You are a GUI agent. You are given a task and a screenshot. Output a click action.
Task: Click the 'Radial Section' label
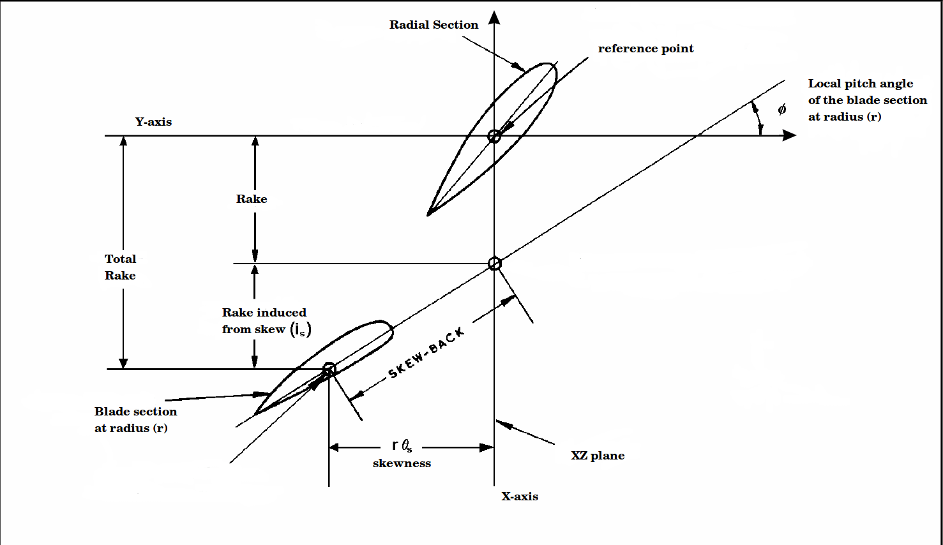point(434,25)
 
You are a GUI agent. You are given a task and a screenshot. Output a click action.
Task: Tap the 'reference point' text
point(645,49)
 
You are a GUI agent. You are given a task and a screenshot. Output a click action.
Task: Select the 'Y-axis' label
point(153,122)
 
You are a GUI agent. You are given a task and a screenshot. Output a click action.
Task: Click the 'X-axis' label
point(520,496)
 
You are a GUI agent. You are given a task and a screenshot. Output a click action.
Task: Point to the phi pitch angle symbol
point(781,109)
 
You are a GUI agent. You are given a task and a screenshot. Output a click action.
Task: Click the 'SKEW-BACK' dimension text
point(426,354)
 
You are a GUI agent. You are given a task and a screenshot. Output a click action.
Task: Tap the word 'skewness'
point(402,463)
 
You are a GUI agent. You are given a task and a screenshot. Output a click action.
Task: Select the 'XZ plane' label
point(598,456)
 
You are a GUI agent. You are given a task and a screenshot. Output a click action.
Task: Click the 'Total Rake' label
point(120,267)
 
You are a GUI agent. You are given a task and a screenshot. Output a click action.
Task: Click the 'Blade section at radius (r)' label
point(135,420)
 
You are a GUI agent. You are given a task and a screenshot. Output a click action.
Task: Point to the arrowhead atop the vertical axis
point(494,17)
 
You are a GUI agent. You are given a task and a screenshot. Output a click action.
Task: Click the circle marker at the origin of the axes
point(494,136)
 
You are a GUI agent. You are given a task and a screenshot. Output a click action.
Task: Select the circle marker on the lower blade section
point(329,370)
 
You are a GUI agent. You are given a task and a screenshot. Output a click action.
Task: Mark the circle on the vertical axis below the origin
point(494,264)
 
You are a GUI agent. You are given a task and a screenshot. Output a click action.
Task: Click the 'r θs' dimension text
point(402,445)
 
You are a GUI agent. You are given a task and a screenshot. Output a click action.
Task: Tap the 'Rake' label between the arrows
point(252,199)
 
